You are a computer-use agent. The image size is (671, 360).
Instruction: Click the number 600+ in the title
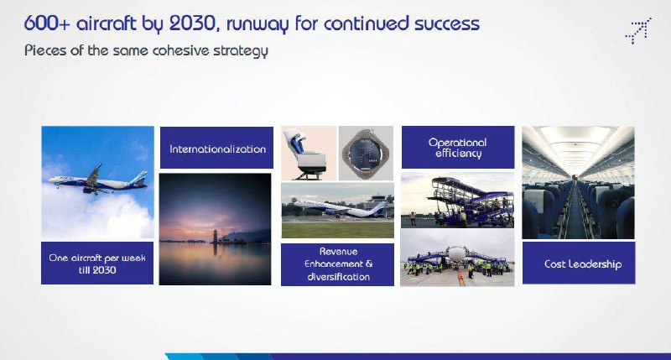[47, 23]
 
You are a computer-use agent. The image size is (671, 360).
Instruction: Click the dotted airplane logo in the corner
[638, 30]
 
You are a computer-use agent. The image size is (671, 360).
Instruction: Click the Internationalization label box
[216, 148]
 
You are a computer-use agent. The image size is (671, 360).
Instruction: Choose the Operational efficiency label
[458, 147]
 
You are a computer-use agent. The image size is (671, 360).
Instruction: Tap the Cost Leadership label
[579, 263]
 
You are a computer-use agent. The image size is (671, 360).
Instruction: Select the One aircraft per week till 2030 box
[97, 263]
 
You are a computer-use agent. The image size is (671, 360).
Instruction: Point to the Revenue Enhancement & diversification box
[337, 264]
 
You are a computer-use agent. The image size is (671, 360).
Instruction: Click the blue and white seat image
[309, 153]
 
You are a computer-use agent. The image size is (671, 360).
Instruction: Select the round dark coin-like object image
[366, 153]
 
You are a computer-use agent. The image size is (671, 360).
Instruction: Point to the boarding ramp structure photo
[457, 200]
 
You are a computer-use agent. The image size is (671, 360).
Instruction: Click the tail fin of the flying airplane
[140, 178]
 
